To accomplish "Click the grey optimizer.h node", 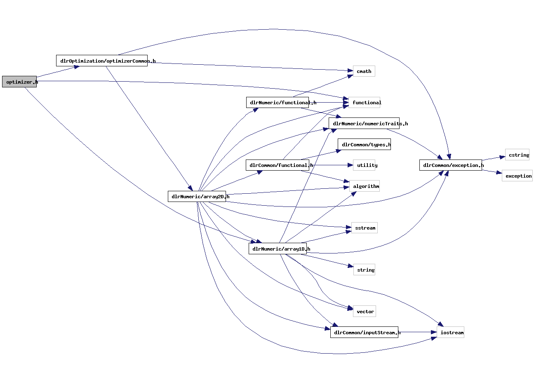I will (x=19, y=82).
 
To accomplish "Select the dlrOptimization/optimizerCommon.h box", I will (x=102, y=61).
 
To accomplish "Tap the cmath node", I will (x=364, y=71).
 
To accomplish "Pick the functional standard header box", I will (x=365, y=103).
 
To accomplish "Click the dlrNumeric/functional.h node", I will (x=278, y=103).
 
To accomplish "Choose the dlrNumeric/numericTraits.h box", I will (x=364, y=123).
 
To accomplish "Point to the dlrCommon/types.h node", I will (x=364, y=145).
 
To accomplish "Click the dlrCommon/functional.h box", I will (x=278, y=165).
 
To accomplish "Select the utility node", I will (x=365, y=165).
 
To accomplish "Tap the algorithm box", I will (x=365, y=186).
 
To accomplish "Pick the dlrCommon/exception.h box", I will (x=450, y=165).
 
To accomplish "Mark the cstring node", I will (x=517, y=155).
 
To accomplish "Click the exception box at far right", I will (x=517, y=176).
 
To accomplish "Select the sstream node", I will (x=365, y=228).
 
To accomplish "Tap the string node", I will (x=365, y=270).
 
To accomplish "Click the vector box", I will (x=365, y=312).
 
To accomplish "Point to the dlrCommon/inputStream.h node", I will (x=364, y=332).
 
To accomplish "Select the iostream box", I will (x=450, y=332).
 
